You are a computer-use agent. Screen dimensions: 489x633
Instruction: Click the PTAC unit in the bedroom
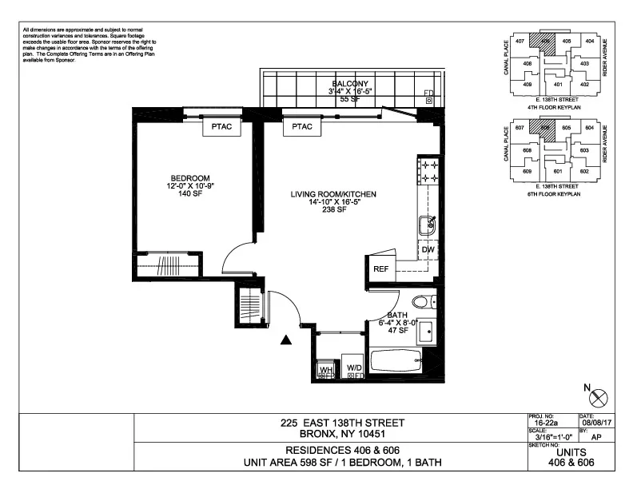tap(221, 127)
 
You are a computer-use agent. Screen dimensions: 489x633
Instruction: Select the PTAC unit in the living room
tap(302, 127)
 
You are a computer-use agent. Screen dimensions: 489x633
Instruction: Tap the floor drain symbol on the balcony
tap(429, 101)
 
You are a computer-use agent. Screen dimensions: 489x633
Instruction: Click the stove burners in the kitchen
tap(428, 172)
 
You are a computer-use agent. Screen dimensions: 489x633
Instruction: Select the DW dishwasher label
tap(429, 250)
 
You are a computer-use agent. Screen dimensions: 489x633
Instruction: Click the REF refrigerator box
tap(381, 269)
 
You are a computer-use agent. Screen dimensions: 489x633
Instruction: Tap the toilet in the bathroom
tap(422, 302)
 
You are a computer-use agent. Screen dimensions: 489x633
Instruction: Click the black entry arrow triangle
tap(286, 341)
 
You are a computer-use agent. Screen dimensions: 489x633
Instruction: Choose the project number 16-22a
tap(548, 423)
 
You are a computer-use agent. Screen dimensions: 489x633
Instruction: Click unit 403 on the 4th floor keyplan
tap(584, 64)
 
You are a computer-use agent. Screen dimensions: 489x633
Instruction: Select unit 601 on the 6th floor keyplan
tap(558, 172)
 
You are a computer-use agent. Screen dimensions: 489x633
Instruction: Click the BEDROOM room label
tap(189, 178)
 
